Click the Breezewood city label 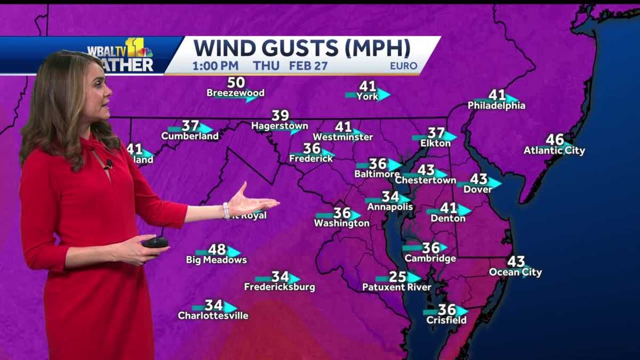235,93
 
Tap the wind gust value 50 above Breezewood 236,83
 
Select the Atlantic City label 554,151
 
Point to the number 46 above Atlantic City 555,140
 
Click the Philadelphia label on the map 497,106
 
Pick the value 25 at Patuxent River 397,277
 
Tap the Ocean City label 515,273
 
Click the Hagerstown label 279,126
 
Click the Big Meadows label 217,260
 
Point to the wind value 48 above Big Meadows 217,250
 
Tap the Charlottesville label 213,316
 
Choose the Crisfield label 446,321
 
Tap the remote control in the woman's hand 155,242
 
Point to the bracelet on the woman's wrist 227,210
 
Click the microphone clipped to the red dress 108,163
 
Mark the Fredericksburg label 279,287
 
